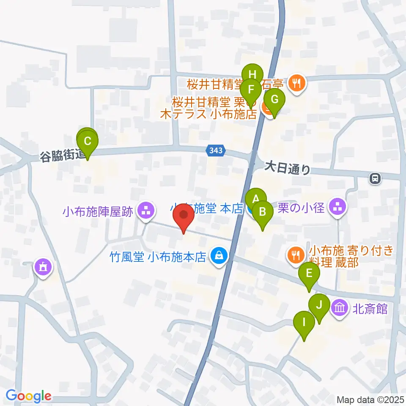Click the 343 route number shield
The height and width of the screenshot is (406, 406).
(217, 150)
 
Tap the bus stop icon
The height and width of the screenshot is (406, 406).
(375, 179)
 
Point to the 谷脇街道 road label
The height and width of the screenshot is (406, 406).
(63, 155)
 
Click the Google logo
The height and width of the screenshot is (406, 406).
(28, 396)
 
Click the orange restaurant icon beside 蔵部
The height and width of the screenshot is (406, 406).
(295, 255)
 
